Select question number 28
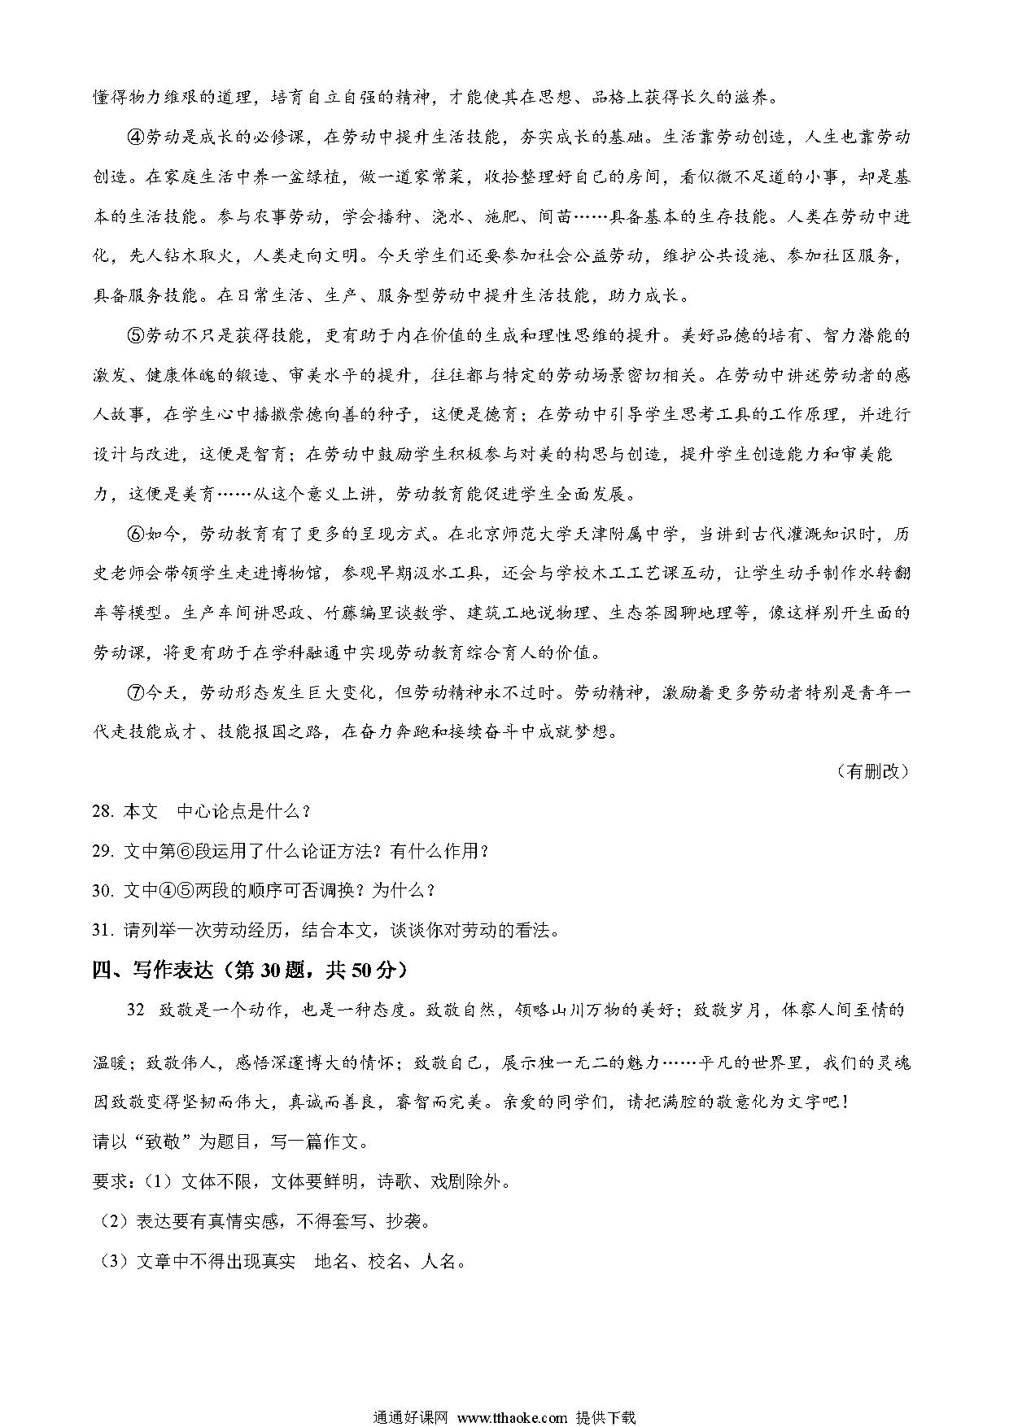click(x=103, y=811)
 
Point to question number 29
click(x=103, y=851)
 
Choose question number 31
click(x=103, y=930)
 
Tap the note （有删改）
click(x=871, y=771)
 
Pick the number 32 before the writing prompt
click(x=136, y=1010)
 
